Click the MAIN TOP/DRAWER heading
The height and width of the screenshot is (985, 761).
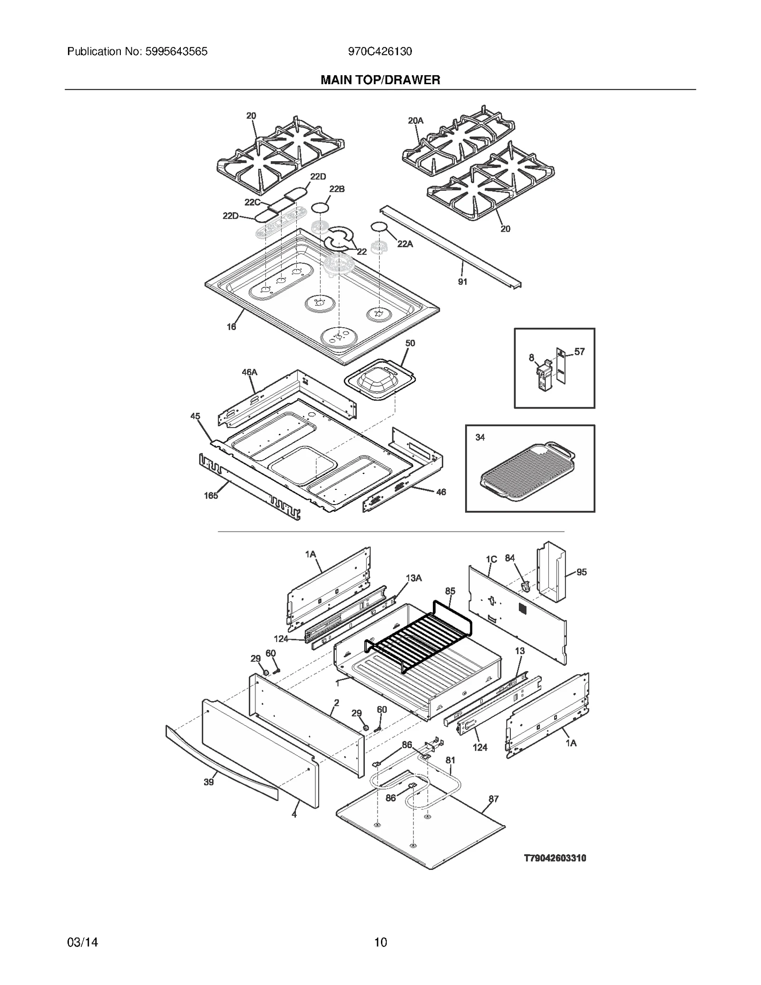tap(380, 80)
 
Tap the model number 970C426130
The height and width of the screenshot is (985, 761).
tap(380, 51)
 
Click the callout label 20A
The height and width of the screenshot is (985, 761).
tap(415, 121)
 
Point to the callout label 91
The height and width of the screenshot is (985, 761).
tap(462, 282)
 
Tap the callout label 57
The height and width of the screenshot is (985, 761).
tap(579, 352)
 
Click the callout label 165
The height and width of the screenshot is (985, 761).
tap(211, 496)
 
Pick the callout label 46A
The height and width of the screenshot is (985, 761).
tap(249, 372)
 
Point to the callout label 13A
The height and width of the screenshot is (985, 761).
tap(413, 578)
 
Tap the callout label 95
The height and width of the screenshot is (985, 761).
tap(581, 572)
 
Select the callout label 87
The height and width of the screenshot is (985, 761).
tap(494, 799)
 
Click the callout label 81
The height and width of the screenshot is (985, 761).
tap(450, 760)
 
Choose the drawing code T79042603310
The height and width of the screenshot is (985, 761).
tap(555, 858)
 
